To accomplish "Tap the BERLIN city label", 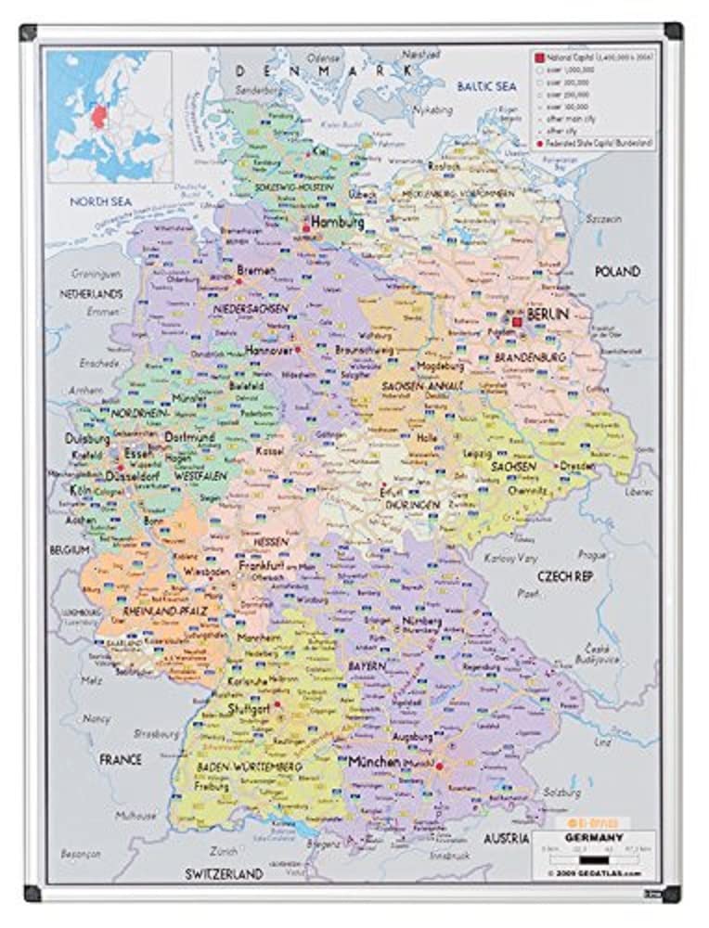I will [547, 316].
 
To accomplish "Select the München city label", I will [374, 762].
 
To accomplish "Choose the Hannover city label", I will [269, 351].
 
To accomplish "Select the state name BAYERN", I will [367, 666].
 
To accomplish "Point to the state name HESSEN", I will [271, 541].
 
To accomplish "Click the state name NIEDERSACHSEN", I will [251, 308].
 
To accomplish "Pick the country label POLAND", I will [617, 272].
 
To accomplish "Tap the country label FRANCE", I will [121, 759].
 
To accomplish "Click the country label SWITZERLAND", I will [224, 873].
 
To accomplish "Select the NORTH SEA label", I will [102, 200].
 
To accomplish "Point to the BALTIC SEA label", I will [485, 86].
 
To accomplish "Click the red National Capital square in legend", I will [537, 58].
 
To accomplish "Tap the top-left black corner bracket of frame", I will [28, 32].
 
